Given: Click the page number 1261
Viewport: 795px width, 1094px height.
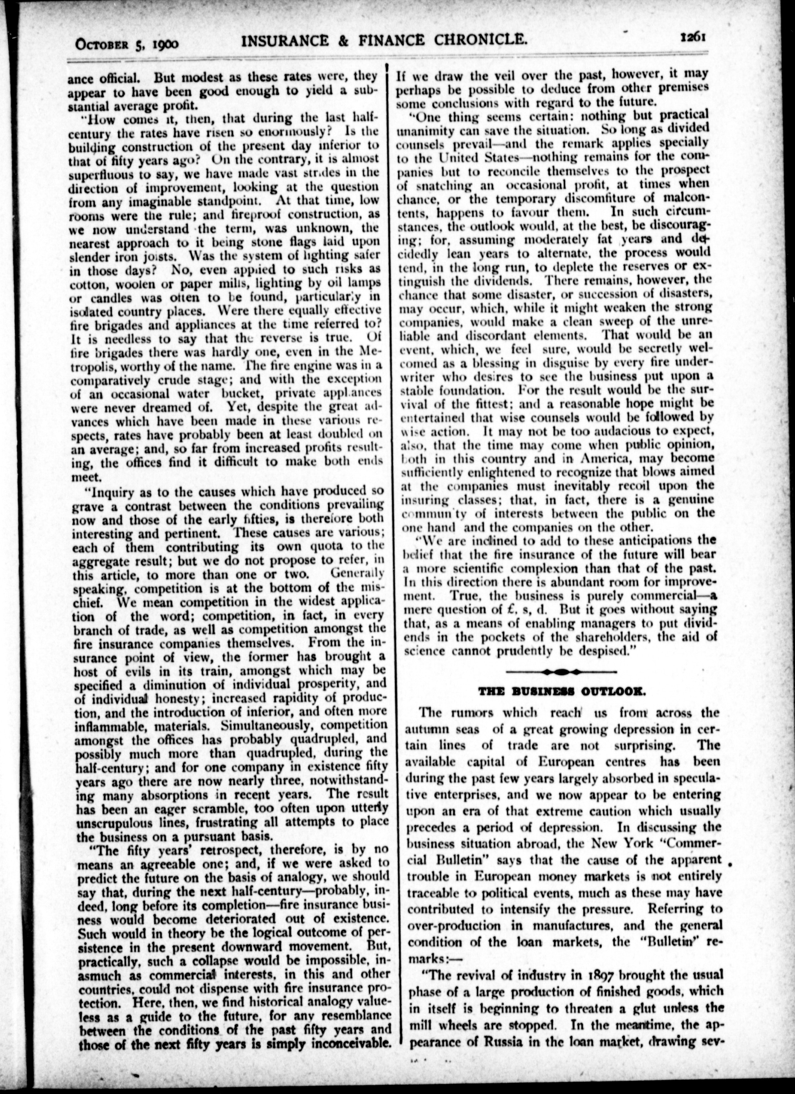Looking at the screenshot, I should point(693,38).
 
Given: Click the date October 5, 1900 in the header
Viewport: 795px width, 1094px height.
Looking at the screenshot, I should point(127,43).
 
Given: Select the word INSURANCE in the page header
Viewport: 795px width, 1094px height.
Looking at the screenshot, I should point(287,40).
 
